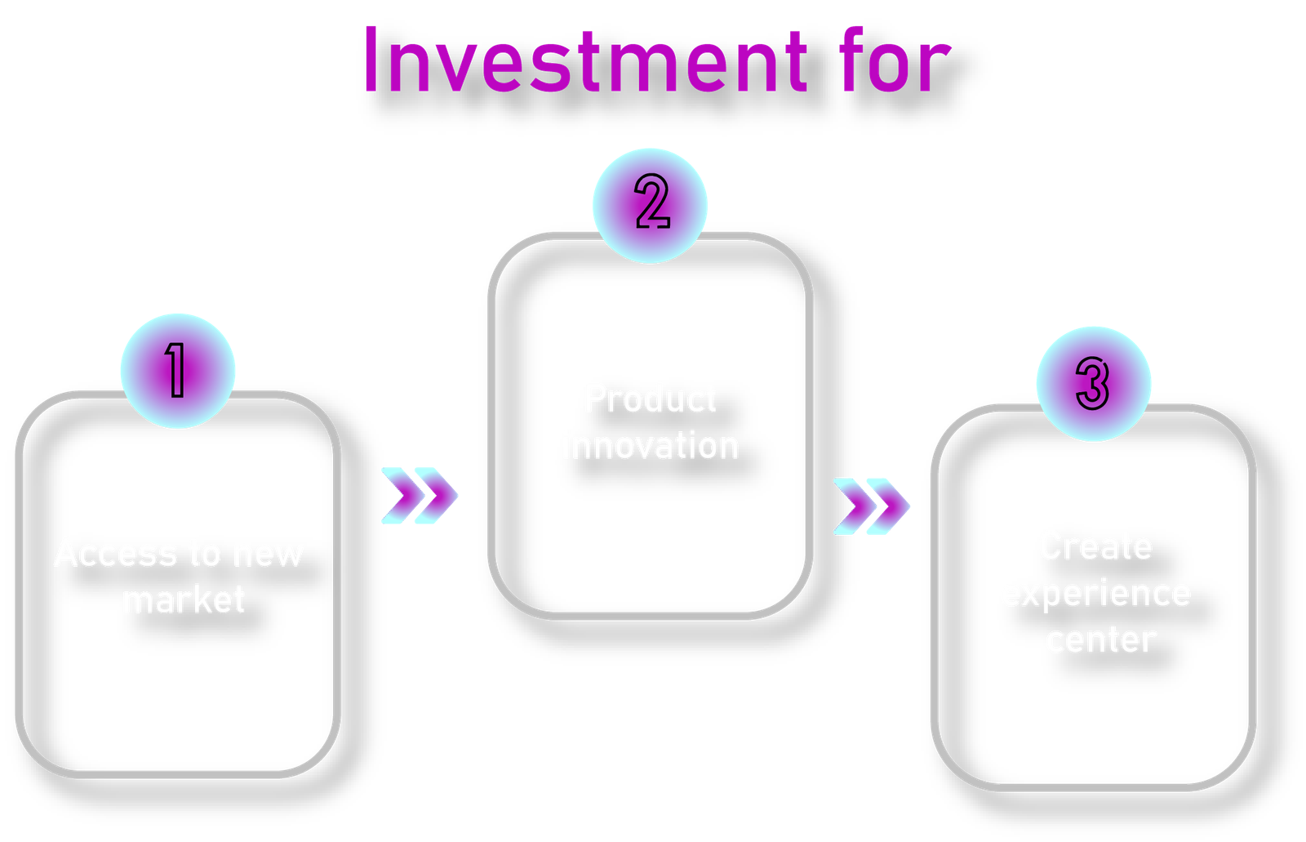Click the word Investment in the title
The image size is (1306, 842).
[584, 61]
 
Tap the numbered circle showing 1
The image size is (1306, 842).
[178, 371]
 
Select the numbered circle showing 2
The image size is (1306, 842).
[651, 205]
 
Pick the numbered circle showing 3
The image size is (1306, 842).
[1094, 383]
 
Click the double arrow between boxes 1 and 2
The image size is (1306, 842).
[420, 496]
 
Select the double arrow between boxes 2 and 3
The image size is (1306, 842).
[872, 506]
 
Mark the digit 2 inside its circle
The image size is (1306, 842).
[652, 203]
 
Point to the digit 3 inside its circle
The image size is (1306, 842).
[1093, 383]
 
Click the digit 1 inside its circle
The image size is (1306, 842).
[175, 370]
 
